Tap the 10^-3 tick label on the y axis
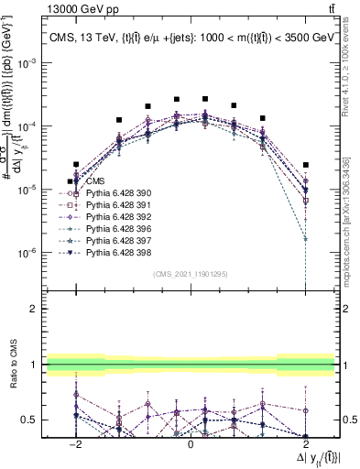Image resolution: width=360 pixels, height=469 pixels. click(32, 63)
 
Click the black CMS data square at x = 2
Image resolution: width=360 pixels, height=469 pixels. click(306, 165)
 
